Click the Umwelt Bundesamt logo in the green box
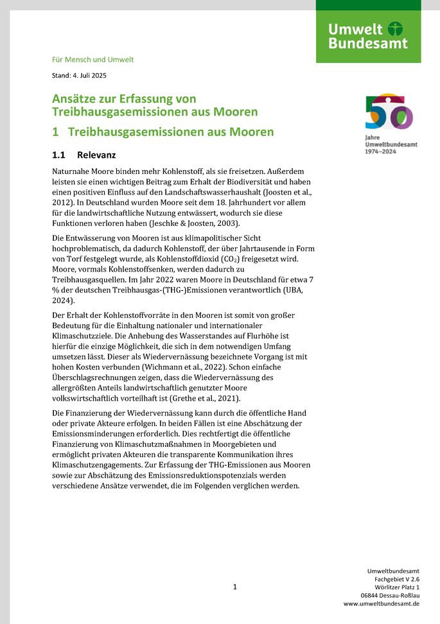coord(368,36)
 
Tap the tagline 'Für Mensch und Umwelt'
coord(92,60)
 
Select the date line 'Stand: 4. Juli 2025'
coord(79,75)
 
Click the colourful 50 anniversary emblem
coord(389,112)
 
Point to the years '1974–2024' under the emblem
coord(380,152)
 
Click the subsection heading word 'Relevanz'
coord(96,155)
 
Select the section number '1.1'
coord(59,155)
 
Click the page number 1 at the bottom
coord(235,587)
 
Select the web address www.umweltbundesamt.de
coord(382,603)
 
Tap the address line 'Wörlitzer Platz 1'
coord(397,587)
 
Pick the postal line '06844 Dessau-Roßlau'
coord(391,595)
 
